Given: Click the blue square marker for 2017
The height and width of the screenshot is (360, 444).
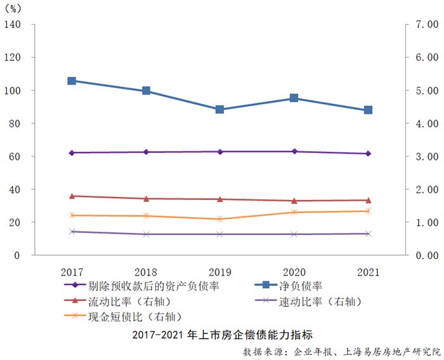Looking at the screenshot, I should click(72, 81).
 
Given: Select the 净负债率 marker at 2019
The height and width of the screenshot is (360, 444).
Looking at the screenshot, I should click(219, 109).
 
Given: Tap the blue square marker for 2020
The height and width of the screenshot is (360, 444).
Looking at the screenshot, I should click(294, 98).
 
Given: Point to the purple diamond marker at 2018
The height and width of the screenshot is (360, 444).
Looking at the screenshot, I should click(146, 152).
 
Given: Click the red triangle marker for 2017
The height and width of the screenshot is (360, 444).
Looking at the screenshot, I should click(72, 196).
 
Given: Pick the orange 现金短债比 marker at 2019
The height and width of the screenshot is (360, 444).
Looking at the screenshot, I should click(219, 219).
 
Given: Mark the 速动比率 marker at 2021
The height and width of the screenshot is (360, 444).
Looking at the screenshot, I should click(368, 234).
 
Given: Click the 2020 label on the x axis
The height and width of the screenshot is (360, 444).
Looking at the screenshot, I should click(294, 271).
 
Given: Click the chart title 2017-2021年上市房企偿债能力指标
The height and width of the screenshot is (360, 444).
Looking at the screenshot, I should click(222, 335).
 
